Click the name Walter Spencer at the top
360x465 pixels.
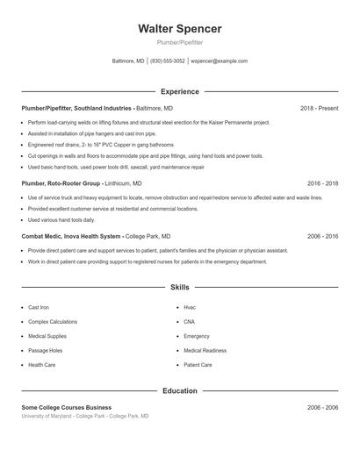click(x=179, y=29)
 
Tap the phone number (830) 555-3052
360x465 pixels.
click(x=168, y=61)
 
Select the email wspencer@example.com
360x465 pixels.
click(x=219, y=61)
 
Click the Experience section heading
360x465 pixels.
click(x=179, y=91)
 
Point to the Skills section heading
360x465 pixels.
click(x=179, y=287)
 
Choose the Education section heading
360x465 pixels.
click(x=179, y=390)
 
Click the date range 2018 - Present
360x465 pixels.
click(x=319, y=108)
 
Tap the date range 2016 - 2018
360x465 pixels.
click(x=322, y=183)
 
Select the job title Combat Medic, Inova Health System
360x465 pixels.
click(x=72, y=236)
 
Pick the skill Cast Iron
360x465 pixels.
click(x=39, y=308)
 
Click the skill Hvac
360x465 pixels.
click(x=190, y=308)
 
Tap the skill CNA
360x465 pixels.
click(x=190, y=322)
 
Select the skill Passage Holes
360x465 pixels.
click(x=45, y=350)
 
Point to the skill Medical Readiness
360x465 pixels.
click(x=205, y=350)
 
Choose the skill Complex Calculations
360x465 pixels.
click(x=53, y=322)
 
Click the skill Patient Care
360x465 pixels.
click(x=198, y=364)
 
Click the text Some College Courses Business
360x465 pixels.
click(x=67, y=407)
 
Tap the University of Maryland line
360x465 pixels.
click(x=84, y=416)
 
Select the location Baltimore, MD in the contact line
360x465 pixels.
click(x=128, y=61)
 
